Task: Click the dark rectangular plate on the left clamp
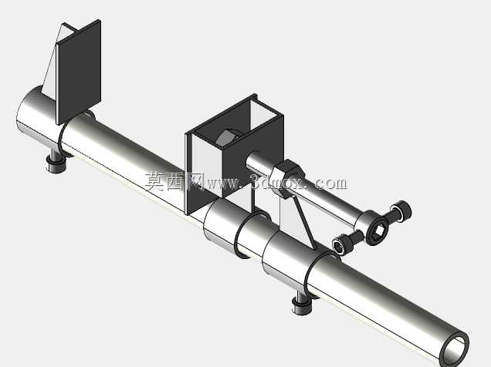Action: click(78, 72)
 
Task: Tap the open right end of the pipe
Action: click(455, 348)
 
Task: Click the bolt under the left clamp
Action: click(56, 162)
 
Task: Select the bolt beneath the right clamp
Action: click(302, 304)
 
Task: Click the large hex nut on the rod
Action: click(287, 178)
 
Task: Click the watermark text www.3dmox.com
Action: click(276, 183)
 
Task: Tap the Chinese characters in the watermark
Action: click(174, 181)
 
